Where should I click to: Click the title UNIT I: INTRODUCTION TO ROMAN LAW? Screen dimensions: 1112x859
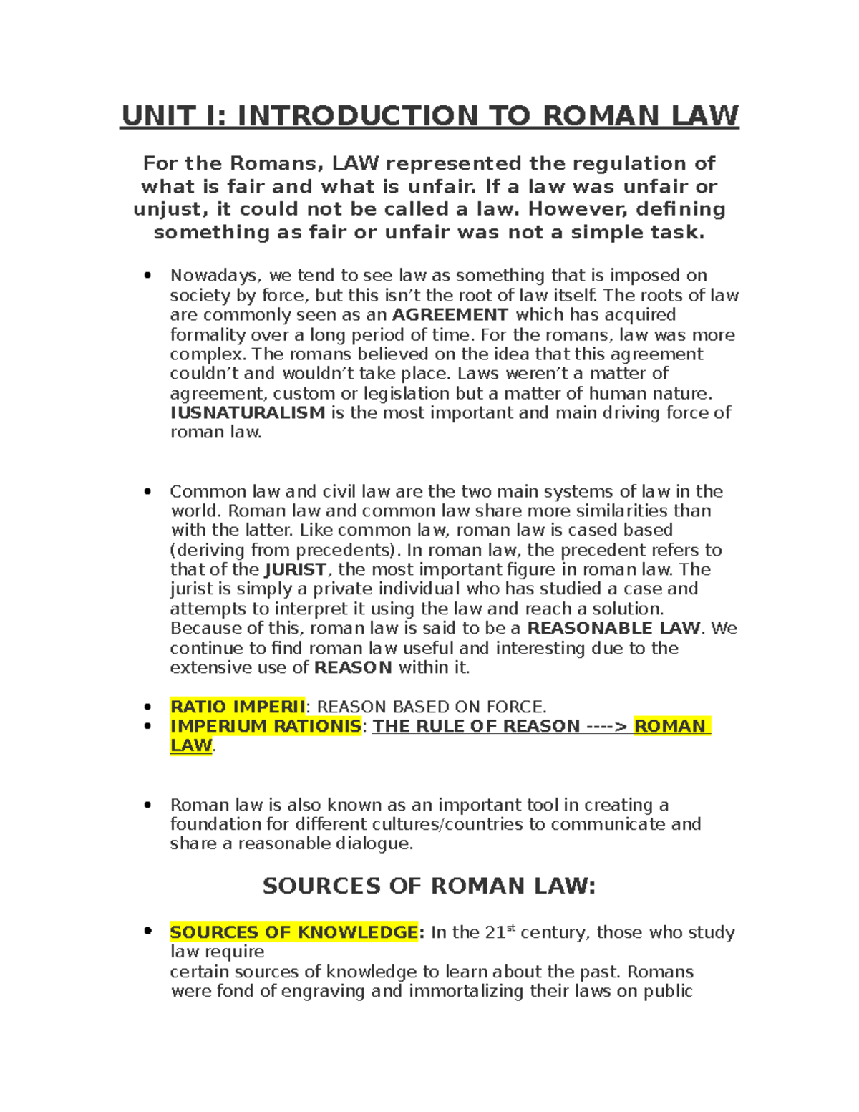pos(429,116)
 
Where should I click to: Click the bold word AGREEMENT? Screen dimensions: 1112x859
pos(450,315)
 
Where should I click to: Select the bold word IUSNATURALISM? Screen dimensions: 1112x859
pos(248,412)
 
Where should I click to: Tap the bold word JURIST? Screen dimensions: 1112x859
pos(296,570)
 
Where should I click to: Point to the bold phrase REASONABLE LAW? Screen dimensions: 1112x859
pos(613,629)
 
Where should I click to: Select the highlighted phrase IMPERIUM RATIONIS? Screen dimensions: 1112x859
pos(266,726)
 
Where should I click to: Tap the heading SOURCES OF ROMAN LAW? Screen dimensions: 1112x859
pos(429,886)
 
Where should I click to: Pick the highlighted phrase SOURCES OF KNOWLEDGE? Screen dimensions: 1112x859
pos(293,932)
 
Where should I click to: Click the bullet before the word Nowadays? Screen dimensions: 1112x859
pos(148,276)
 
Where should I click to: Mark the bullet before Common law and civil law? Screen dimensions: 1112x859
pos(148,492)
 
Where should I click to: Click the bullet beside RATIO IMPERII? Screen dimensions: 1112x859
pos(148,707)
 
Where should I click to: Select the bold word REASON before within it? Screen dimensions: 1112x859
pos(353,668)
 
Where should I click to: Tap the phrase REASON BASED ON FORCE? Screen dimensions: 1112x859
pos(431,707)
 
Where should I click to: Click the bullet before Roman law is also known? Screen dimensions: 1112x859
pos(148,805)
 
